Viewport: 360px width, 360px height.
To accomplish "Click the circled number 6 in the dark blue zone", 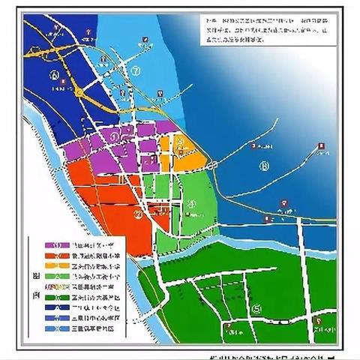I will point(55,76).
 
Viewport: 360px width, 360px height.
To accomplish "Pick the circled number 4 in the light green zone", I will point(191,202).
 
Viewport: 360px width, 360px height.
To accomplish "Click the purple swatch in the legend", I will point(56,246).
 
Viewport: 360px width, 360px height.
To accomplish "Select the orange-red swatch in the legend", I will point(56,256).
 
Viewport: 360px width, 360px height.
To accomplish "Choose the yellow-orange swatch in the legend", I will point(56,266).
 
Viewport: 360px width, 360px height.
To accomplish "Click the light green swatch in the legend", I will point(56,276).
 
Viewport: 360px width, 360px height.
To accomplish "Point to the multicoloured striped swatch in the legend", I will point(56,286).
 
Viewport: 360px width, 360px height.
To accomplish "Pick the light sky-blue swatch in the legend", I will point(56,327).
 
